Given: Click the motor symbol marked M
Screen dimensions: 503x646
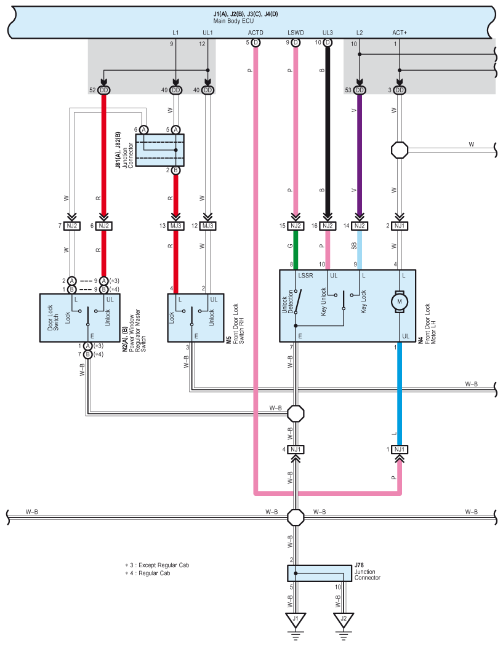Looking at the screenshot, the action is coord(399,301).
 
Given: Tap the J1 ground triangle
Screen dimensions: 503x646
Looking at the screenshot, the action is coord(295,619).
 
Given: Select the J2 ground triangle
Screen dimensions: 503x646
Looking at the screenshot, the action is coord(343,619).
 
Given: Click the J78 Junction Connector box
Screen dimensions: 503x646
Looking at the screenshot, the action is coord(320,573).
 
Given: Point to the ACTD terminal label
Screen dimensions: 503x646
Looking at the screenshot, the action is coord(256,33).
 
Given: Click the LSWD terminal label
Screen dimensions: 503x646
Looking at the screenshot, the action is coord(296,33).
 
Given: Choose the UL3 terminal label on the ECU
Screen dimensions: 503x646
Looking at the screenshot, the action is coord(328,33).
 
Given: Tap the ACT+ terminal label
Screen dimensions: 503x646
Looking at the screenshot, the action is coord(400,33).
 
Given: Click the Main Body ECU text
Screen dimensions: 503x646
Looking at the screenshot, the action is coord(233,21).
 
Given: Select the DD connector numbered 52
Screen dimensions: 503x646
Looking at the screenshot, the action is coord(104,90).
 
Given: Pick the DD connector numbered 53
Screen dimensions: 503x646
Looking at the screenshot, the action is coord(360,90).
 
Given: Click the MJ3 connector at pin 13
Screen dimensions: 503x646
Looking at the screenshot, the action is coord(175,226).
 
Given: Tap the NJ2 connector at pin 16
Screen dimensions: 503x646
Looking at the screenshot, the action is coord(328,226).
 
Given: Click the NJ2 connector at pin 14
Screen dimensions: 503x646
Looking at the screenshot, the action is coord(360,226).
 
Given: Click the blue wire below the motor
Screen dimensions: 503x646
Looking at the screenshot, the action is coord(399,394).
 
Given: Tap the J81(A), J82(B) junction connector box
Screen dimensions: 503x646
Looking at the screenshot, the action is coord(159,150).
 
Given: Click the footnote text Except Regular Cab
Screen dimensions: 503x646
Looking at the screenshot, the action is coord(164,565).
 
